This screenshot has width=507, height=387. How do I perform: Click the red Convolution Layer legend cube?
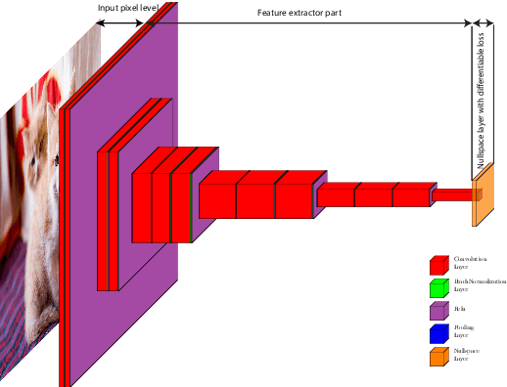pos(438,264)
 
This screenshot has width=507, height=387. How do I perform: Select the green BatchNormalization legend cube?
pos(438,287)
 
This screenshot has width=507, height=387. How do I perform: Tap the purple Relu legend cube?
pos(438,311)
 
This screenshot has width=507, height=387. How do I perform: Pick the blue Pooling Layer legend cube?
pos(438,334)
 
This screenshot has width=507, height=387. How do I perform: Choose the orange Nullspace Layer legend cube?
pos(438,358)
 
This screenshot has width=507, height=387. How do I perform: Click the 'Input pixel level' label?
pos(128,9)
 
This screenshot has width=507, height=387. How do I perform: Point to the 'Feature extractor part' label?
pos(299,13)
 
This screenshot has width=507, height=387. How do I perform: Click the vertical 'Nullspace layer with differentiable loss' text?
pos(481,103)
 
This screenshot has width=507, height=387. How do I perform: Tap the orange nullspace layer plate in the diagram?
pos(479,200)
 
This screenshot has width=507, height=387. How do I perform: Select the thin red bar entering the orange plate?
pos(452,195)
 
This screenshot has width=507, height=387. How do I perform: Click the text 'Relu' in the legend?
pos(460,309)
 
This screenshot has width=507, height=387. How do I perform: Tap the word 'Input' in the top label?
pos(108,9)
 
